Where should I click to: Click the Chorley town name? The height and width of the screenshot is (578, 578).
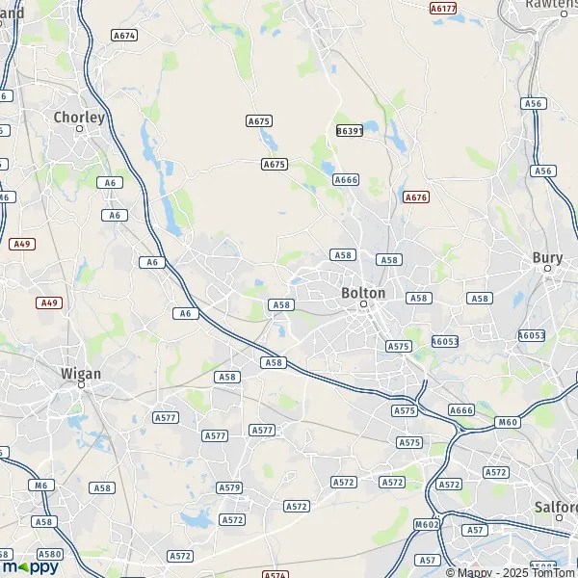click(x=79, y=118)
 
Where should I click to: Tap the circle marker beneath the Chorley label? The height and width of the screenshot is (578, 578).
click(x=80, y=128)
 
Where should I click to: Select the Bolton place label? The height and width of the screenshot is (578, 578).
click(x=363, y=293)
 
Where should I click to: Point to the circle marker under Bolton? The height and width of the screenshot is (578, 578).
click(x=364, y=303)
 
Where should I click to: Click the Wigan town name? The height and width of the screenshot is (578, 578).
click(x=80, y=373)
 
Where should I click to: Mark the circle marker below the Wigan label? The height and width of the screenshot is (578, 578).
click(x=81, y=384)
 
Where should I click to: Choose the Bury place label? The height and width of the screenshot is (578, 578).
click(x=547, y=257)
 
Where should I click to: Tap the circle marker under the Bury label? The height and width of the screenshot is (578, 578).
click(x=547, y=269)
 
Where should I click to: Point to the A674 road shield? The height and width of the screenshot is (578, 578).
click(x=123, y=35)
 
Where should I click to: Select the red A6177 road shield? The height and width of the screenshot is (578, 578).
click(x=443, y=8)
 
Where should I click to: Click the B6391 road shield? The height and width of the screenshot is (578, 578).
click(x=349, y=130)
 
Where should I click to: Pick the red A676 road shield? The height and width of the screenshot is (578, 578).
click(x=416, y=197)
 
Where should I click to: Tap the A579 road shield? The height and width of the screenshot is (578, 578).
click(x=229, y=487)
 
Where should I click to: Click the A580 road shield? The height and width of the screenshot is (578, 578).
click(x=50, y=554)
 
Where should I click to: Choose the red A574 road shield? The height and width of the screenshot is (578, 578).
click(x=276, y=575)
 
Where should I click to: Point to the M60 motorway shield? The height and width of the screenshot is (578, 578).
click(x=507, y=422)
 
